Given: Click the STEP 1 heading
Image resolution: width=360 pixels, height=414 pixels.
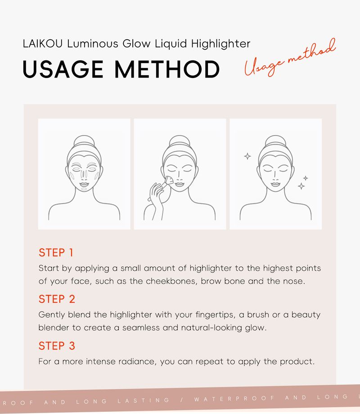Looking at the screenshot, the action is [56, 253].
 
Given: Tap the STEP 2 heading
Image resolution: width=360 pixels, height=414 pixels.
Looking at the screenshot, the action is [57, 299].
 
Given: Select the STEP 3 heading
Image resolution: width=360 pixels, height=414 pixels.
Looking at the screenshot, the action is [57, 346].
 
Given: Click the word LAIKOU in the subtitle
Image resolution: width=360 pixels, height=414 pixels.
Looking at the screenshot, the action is [42, 44].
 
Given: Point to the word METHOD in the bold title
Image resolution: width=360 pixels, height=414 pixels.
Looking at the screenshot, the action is [167, 69].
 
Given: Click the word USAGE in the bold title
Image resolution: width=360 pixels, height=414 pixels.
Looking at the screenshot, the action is [63, 69].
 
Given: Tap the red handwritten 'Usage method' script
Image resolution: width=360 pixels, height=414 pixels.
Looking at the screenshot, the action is [290, 58].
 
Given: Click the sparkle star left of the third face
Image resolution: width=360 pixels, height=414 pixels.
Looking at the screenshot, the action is [247, 156].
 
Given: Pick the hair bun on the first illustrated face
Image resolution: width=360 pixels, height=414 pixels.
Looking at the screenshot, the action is [84, 141].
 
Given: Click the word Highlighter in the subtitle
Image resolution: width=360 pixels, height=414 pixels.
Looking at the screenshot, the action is [221, 44].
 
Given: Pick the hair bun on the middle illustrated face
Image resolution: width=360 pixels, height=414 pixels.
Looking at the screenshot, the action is [180, 141].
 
